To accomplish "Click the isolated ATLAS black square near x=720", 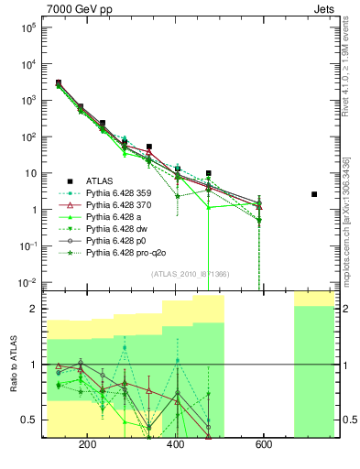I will pyautogui.click(x=314, y=194).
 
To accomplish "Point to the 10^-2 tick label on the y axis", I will pyautogui.click(x=28, y=282).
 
